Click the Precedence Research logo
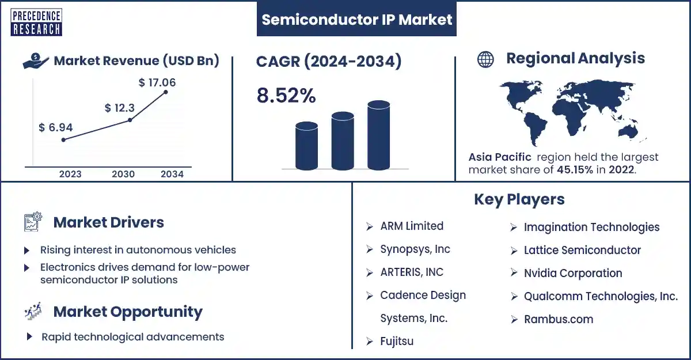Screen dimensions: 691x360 [x=36, y=22]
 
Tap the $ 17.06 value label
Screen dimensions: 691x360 [x=157, y=82]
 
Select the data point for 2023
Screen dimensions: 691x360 [x=63, y=140]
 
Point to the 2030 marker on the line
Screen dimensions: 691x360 [x=130, y=120]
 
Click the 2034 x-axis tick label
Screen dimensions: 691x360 [x=172, y=175]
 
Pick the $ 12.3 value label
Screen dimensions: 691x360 [x=120, y=108]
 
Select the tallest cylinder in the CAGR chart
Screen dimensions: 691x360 [x=378, y=135]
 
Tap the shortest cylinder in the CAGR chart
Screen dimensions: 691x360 [x=306, y=146]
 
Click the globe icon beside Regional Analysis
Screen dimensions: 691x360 [x=485, y=59]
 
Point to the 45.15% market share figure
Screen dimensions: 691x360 [x=575, y=170]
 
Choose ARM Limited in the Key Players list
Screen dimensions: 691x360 [x=412, y=226]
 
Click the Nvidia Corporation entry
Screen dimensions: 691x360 [x=573, y=273]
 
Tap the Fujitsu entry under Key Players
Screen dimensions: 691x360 [x=397, y=341]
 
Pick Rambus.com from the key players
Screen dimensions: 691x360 [x=559, y=319]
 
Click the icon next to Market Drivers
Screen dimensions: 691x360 [x=33, y=222]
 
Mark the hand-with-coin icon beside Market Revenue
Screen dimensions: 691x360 [x=36, y=61]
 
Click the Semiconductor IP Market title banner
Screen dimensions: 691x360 [x=356, y=19]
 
